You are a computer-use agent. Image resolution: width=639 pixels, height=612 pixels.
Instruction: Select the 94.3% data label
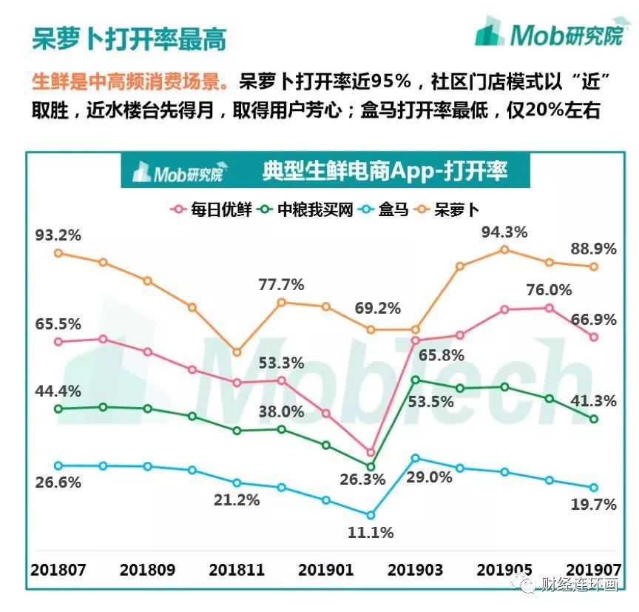point(504,232)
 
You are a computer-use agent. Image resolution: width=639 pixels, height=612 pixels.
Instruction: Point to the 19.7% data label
point(592,505)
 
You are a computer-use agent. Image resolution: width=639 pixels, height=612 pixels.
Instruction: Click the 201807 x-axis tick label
point(60,571)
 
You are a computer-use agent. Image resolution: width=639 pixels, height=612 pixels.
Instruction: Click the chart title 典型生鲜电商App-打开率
point(384,172)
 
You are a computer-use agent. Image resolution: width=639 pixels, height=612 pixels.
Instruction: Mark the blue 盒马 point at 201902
point(371,515)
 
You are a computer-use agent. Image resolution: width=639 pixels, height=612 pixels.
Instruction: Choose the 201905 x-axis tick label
point(504,571)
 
